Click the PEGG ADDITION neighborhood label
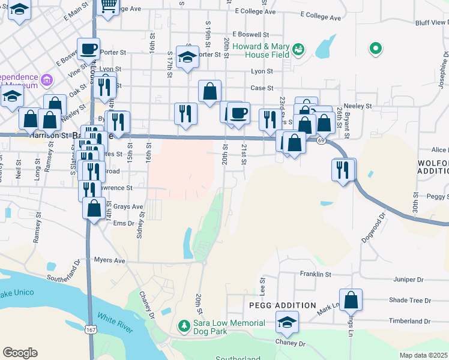pyautogui.click(x=282, y=305)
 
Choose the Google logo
pyautogui.click(x=20, y=352)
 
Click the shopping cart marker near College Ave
pyautogui.click(x=108, y=5)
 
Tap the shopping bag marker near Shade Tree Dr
pyautogui.click(x=351, y=299)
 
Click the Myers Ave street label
pyautogui.click(x=109, y=260)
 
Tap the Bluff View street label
pyautogui.click(x=430, y=23)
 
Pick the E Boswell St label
pyautogui.click(x=250, y=34)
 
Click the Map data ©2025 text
pyautogui.click(x=423, y=355)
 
